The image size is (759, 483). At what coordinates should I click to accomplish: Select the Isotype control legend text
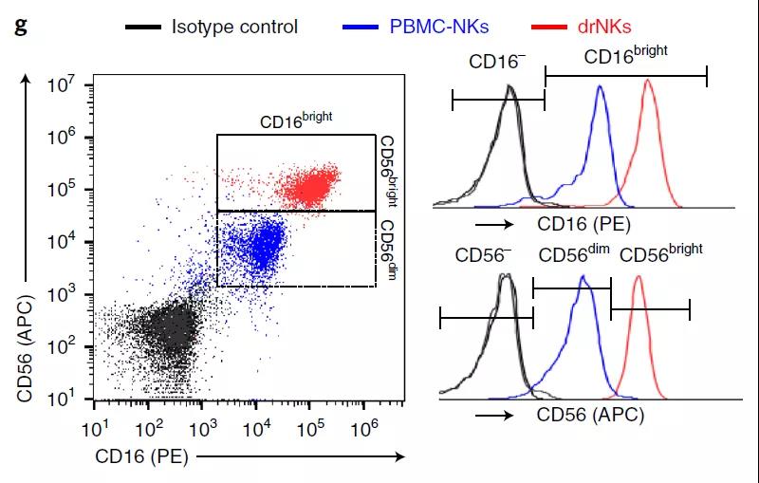[x=234, y=26]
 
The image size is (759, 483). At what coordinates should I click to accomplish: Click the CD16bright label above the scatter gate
[x=296, y=121]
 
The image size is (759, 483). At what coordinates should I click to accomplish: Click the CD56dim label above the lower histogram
[x=573, y=256]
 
